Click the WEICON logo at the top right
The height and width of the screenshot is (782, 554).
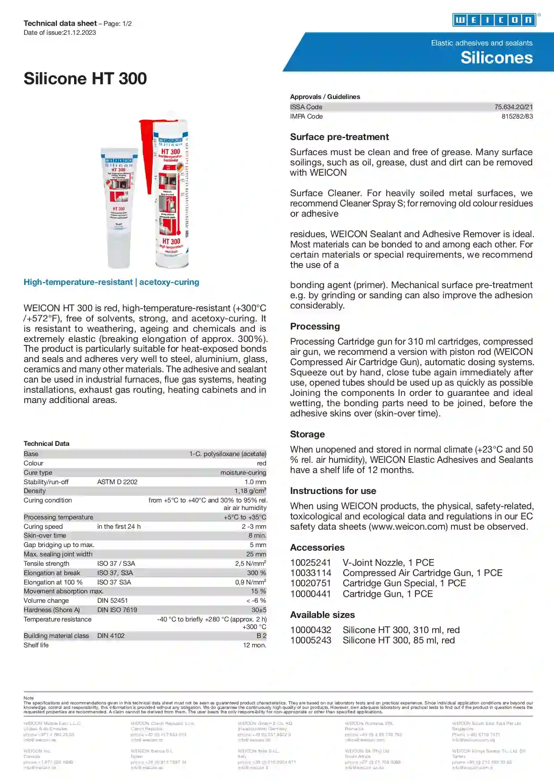click(494, 20)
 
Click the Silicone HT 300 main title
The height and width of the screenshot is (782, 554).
click(85, 79)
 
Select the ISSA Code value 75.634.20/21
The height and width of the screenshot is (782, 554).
click(513, 107)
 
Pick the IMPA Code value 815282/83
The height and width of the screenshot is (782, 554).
click(517, 116)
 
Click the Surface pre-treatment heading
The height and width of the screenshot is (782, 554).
click(339, 137)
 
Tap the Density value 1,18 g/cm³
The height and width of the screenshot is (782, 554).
click(250, 491)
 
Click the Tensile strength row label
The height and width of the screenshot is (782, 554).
click(46, 564)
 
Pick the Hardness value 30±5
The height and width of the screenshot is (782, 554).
click(258, 610)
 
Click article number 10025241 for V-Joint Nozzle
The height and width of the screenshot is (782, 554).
click(310, 563)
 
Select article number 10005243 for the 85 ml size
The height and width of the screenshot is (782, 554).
click(310, 640)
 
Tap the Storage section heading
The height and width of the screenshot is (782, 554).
click(307, 434)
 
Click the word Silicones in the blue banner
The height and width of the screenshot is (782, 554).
click(496, 58)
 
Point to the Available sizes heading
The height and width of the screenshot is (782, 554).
click(322, 615)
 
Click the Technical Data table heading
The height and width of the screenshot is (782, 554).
click(46, 444)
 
